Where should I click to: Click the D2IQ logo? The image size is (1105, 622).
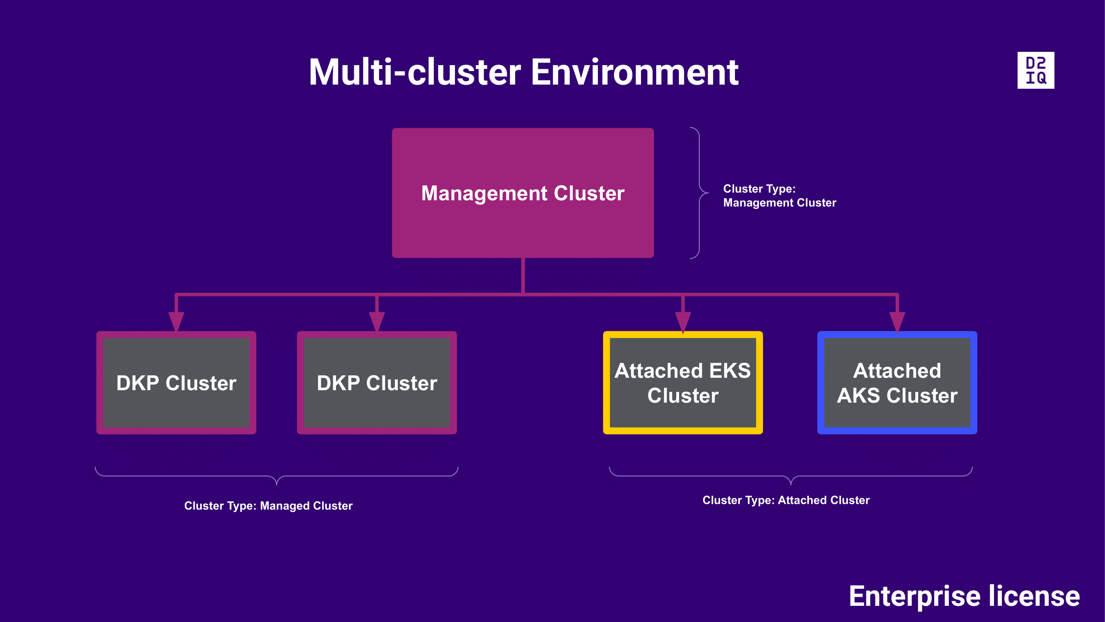coord(1035,70)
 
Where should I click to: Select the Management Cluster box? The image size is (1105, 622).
coord(522,193)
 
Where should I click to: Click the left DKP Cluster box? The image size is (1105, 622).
coord(177,382)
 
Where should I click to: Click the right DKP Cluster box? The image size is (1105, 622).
coord(377,382)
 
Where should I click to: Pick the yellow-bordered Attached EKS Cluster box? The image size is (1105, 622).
coord(682,382)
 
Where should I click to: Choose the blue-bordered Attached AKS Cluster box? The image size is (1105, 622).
coord(897,382)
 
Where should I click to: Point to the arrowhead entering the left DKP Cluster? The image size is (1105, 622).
coord(177,321)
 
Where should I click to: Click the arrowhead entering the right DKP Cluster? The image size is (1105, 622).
coord(377,321)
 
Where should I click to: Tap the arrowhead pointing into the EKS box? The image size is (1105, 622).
coord(682,322)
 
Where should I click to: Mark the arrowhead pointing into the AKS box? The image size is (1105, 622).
coord(897,322)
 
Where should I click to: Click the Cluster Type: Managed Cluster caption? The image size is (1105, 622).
coord(268,505)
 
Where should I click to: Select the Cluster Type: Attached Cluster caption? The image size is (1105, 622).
coord(786,500)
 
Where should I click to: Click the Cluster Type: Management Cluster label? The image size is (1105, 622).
coord(779,196)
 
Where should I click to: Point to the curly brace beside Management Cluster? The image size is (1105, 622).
coord(700,193)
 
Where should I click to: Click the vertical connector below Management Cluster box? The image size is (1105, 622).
coord(523,276)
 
